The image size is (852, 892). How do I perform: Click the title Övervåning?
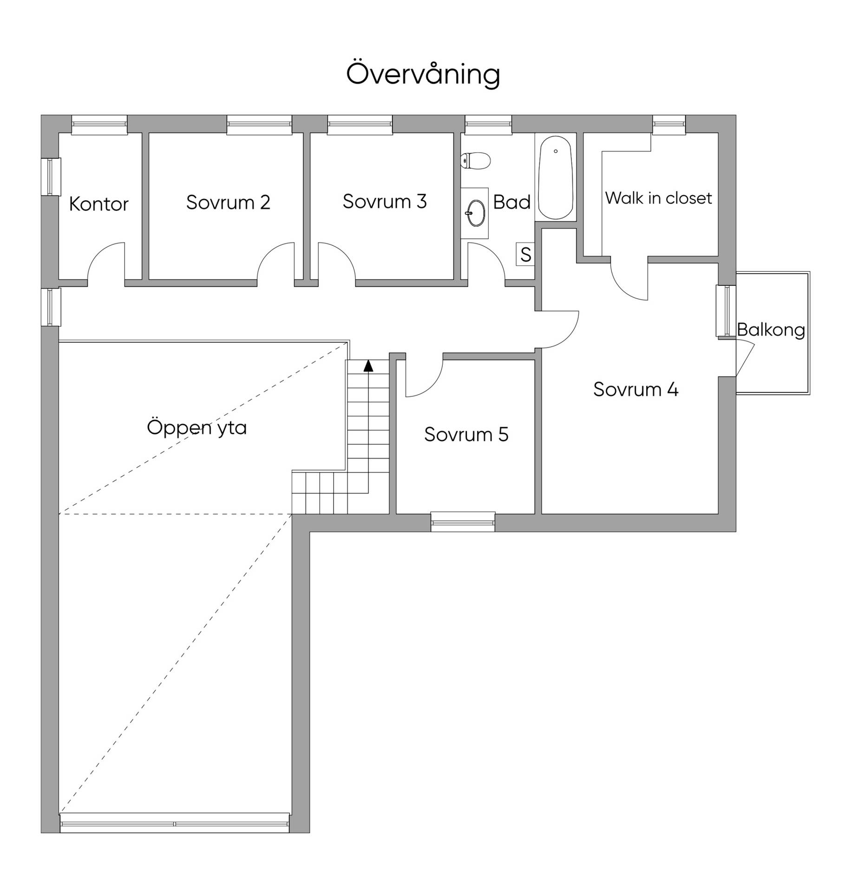[x=423, y=74]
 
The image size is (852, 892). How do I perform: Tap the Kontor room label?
[x=98, y=204]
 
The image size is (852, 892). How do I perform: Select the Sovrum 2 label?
[x=228, y=202]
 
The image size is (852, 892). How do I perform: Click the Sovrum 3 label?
[x=385, y=201]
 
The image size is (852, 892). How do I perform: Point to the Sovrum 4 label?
[x=636, y=389]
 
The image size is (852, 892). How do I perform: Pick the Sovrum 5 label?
[x=466, y=434]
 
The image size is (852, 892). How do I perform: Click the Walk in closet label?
[x=658, y=198]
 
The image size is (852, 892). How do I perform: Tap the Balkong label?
[x=771, y=330]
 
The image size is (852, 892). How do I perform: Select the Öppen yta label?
[x=197, y=427]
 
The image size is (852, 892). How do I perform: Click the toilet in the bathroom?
[x=475, y=161]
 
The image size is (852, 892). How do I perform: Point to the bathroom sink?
[x=476, y=213]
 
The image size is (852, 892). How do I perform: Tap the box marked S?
[x=525, y=254]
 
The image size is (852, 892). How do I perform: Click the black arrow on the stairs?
[x=368, y=366]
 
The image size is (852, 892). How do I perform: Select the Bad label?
[x=511, y=202]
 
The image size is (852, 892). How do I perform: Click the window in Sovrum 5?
[x=463, y=522]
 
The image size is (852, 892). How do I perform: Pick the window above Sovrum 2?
[x=259, y=125]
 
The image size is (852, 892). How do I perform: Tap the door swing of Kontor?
[x=106, y=261]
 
